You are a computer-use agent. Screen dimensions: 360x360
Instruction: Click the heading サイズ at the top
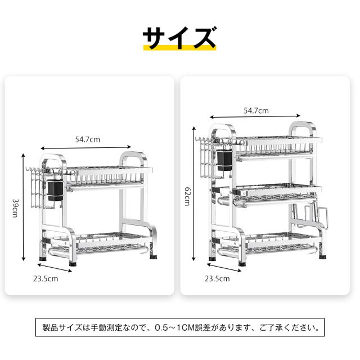point(179,37)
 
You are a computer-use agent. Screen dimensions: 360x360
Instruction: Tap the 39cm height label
point(15,208)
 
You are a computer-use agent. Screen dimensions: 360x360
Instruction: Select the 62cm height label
point(188,196)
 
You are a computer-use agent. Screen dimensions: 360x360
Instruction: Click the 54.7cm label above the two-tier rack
point(88,139)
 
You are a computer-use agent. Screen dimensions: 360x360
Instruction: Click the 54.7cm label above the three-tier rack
point(256,111)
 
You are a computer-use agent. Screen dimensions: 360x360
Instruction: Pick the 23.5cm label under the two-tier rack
point(46,279)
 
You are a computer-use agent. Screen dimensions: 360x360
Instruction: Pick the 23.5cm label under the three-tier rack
point(217,278)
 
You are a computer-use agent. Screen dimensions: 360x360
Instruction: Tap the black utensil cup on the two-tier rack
point(55,191)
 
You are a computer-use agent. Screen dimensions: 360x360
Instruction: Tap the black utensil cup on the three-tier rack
point(225,160)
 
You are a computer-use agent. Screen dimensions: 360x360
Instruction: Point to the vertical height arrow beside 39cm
point(23,208)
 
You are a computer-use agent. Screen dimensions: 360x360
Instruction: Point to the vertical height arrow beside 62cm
point(194,193)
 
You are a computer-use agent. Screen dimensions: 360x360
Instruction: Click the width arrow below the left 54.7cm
point(86,147)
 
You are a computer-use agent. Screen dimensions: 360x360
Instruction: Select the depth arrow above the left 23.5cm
point(55,268)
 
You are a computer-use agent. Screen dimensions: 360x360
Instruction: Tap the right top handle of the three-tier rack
point(303,130)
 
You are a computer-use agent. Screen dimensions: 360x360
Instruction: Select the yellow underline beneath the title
point(180,47)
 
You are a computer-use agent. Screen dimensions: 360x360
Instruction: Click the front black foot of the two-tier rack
point(73,264)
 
